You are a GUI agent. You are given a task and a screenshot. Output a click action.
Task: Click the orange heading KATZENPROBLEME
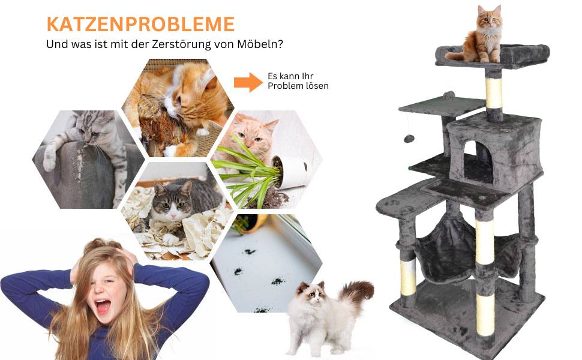[x=140, y=24]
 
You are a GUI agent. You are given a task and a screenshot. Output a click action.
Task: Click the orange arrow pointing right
[x=248, y=82]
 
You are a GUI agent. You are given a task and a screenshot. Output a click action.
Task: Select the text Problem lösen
[x=298, y=86]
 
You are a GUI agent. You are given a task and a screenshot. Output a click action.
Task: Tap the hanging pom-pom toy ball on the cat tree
[x=409, y=139]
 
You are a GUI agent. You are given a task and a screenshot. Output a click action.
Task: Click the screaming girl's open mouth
[x=103, y=307]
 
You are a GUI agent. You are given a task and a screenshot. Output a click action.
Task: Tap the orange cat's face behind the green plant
[x=254, y=134]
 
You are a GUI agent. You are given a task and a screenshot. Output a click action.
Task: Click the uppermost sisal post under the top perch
[x=493, y=93]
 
